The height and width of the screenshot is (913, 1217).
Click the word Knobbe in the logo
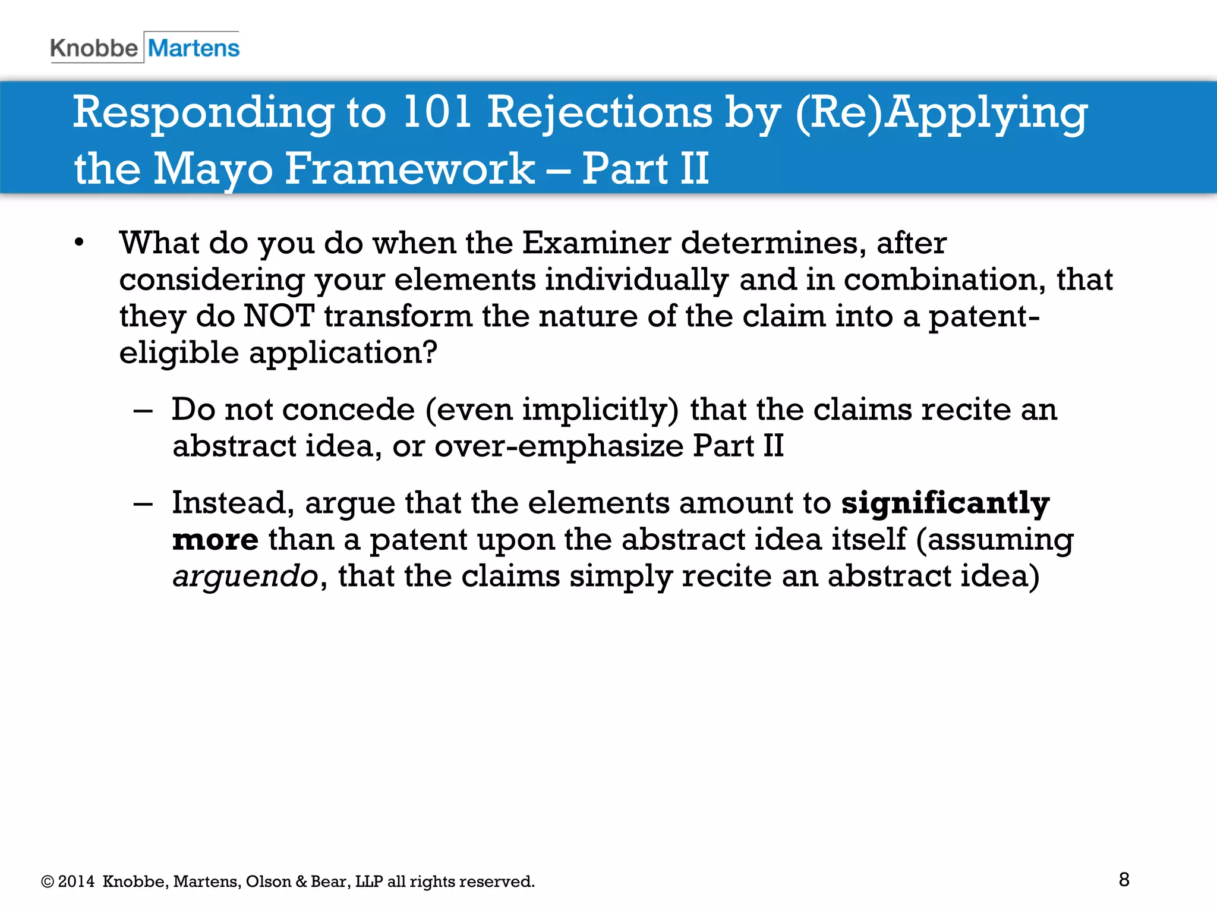94,48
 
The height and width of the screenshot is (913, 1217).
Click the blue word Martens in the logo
194,48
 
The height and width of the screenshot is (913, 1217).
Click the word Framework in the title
410,169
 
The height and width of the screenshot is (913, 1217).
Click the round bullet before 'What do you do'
80,243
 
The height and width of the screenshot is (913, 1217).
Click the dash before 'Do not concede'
143,411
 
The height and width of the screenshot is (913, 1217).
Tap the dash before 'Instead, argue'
143,504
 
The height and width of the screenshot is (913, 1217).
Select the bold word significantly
945,504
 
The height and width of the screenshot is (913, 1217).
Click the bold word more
215,540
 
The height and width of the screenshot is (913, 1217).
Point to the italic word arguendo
245,577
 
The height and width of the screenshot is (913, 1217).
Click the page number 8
1124,880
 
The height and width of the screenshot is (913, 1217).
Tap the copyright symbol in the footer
48,881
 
